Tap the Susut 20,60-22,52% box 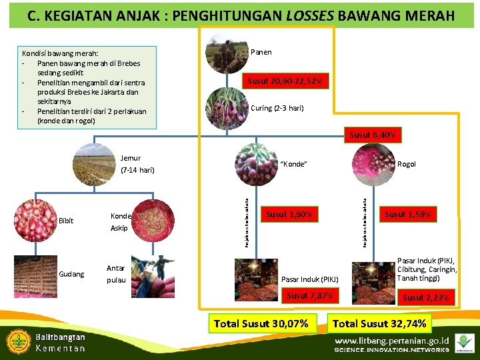(x=285, y=81)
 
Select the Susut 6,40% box (x=373, y=135)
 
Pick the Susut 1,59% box (x=407, y=215)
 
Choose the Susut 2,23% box (x=425, y=297)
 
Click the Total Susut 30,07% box (x=261, y=324)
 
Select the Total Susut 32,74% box (x=382, y=324)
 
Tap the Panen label (x=261, y=52)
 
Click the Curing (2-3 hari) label (x=277, y=108)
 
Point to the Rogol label (x=407, y=164)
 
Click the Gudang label (x=71, y=274)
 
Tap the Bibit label (x=66, y=221)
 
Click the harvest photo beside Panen (x=227, y=53)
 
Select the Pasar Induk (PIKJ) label (x=310, y=279)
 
